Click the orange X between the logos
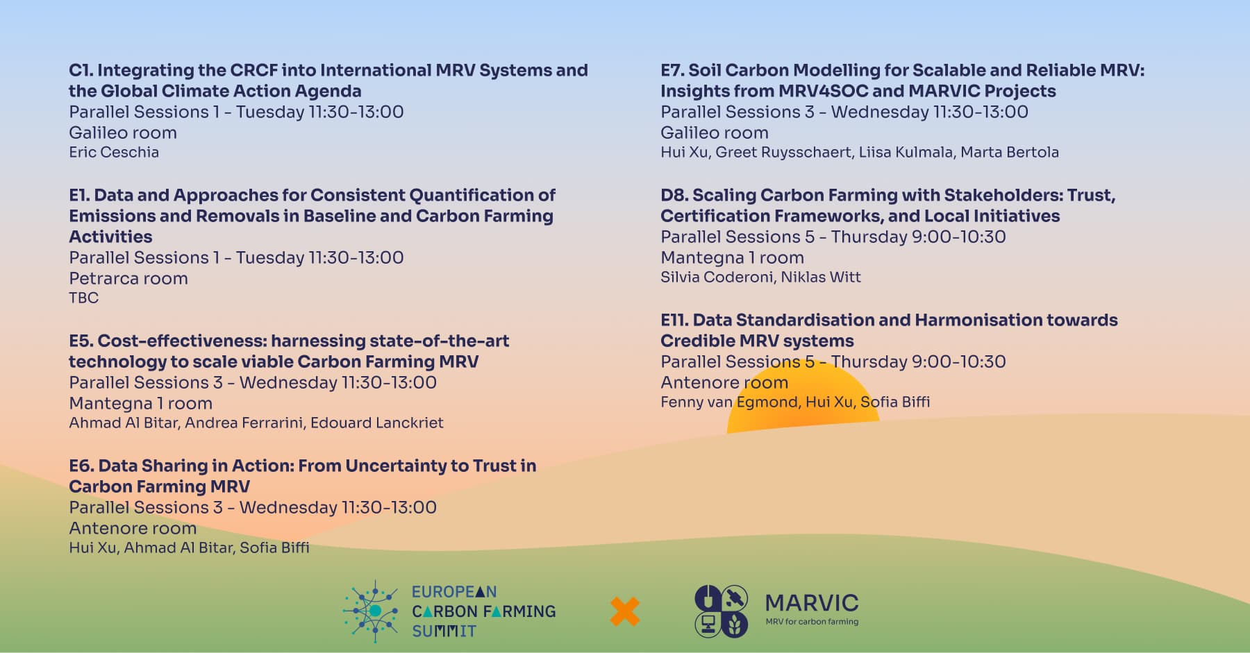(625, 611)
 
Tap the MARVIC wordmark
(812, 602)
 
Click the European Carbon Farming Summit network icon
(372, 611)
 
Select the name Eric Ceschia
(114, 152)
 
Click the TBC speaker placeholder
(84, 298)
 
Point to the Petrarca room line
(128, 278)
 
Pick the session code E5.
(81, 341)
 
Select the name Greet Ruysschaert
(783, 152)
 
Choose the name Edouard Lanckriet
(376, 423)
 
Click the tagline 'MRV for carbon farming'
(812, 622)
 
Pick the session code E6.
(81, 466)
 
